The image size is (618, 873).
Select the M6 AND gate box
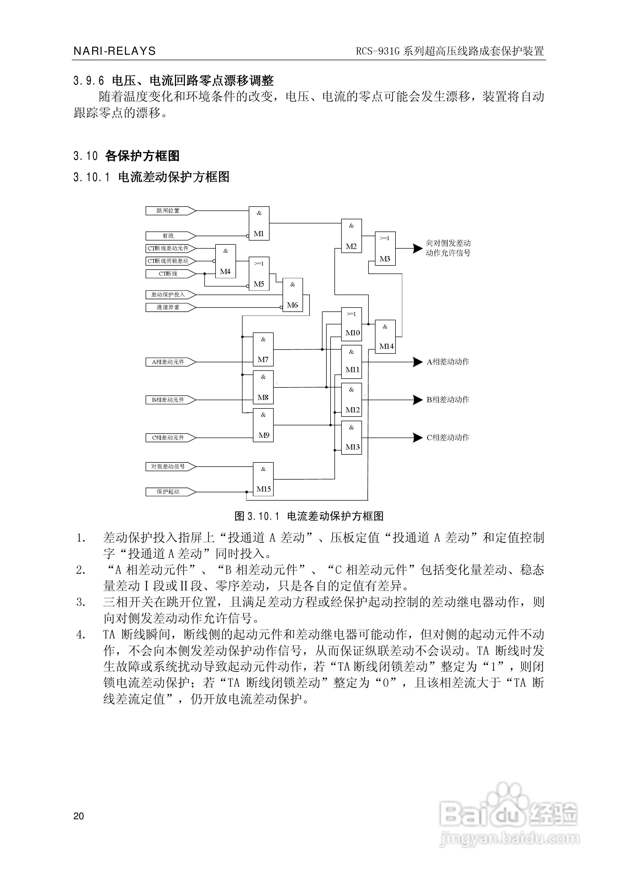tap(292, 295)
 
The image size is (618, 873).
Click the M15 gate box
tap(263, 479)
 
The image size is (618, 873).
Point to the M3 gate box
tap(385, 248)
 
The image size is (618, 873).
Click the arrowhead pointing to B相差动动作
tap(418, 400)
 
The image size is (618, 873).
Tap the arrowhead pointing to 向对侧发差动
tap(418, 248)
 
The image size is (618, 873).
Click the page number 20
tap(79, 816)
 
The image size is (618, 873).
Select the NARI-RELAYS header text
tap(115, 51)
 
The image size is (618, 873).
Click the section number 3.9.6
tap(88, 81)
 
